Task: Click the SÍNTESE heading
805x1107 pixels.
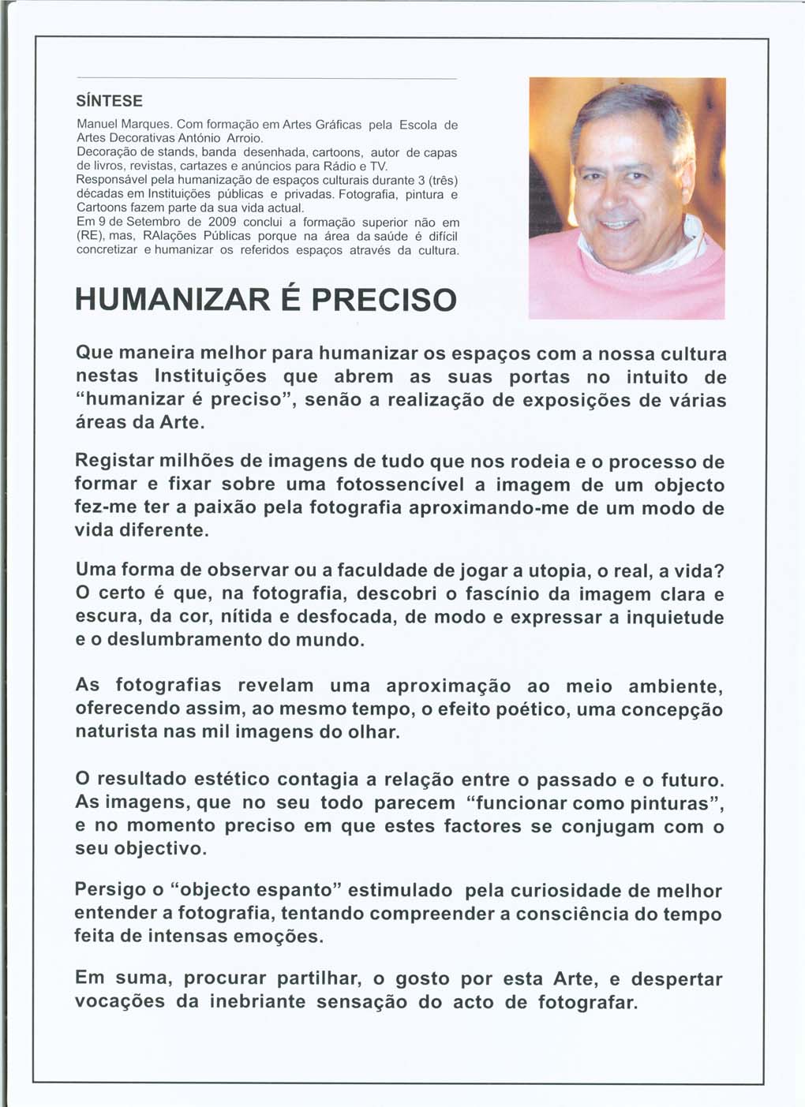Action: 109,101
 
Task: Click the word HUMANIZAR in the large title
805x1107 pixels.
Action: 183,300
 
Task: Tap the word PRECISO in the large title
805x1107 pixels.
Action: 384,300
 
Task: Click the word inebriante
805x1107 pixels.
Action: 258,1002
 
